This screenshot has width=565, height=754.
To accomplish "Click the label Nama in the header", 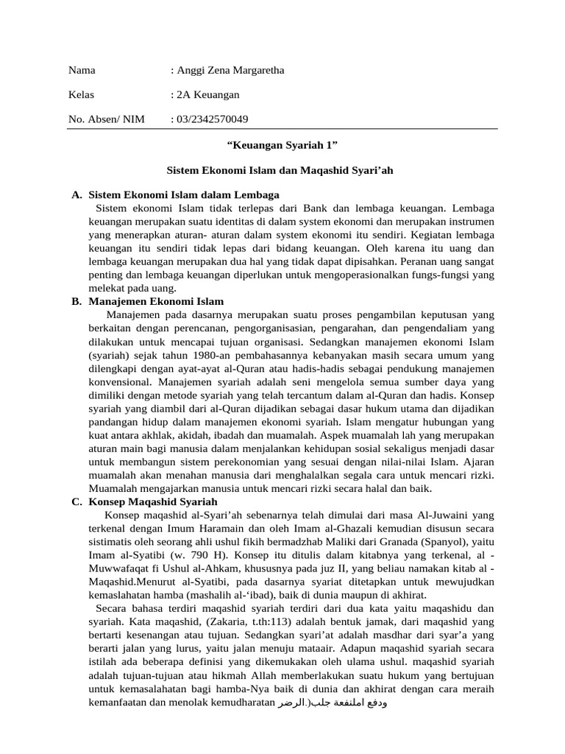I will click(82, 71).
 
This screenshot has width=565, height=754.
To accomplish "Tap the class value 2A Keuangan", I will click(207, 95).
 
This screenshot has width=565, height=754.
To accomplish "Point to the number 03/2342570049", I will click(211, 119).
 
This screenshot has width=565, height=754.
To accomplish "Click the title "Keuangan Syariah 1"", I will click(283, 146).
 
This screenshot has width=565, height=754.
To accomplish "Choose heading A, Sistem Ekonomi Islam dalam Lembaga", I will click(183, 194).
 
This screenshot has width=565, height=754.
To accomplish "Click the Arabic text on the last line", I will click(333, 702).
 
